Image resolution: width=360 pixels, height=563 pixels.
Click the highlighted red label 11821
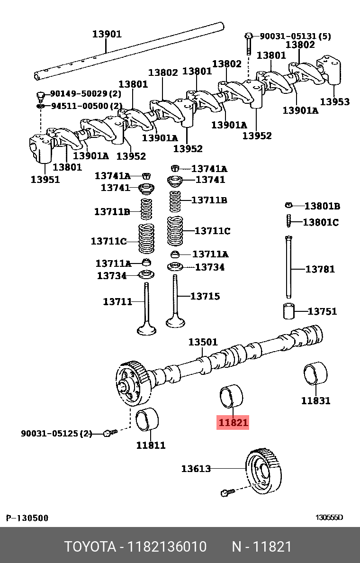click(x=233, y=422)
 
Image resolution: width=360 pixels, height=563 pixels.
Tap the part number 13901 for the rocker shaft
click(x=107, y=34)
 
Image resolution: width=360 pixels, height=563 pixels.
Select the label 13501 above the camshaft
click(x=203, y=342)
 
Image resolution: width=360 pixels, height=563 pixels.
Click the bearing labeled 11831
click(x=315, y=378)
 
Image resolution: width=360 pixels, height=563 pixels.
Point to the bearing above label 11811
click(x=147, y=419)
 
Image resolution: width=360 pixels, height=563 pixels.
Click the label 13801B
click(x=322, y=206)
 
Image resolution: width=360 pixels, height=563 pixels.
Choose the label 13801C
click(x=321, y=222)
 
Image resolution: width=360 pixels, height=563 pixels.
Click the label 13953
click(x=334, y=101)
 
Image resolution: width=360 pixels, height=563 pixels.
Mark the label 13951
click(x=45, y=179)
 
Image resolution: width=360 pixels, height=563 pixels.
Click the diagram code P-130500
click(x=27, y=518)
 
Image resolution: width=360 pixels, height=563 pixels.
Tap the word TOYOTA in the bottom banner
click(x=90, y=547)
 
